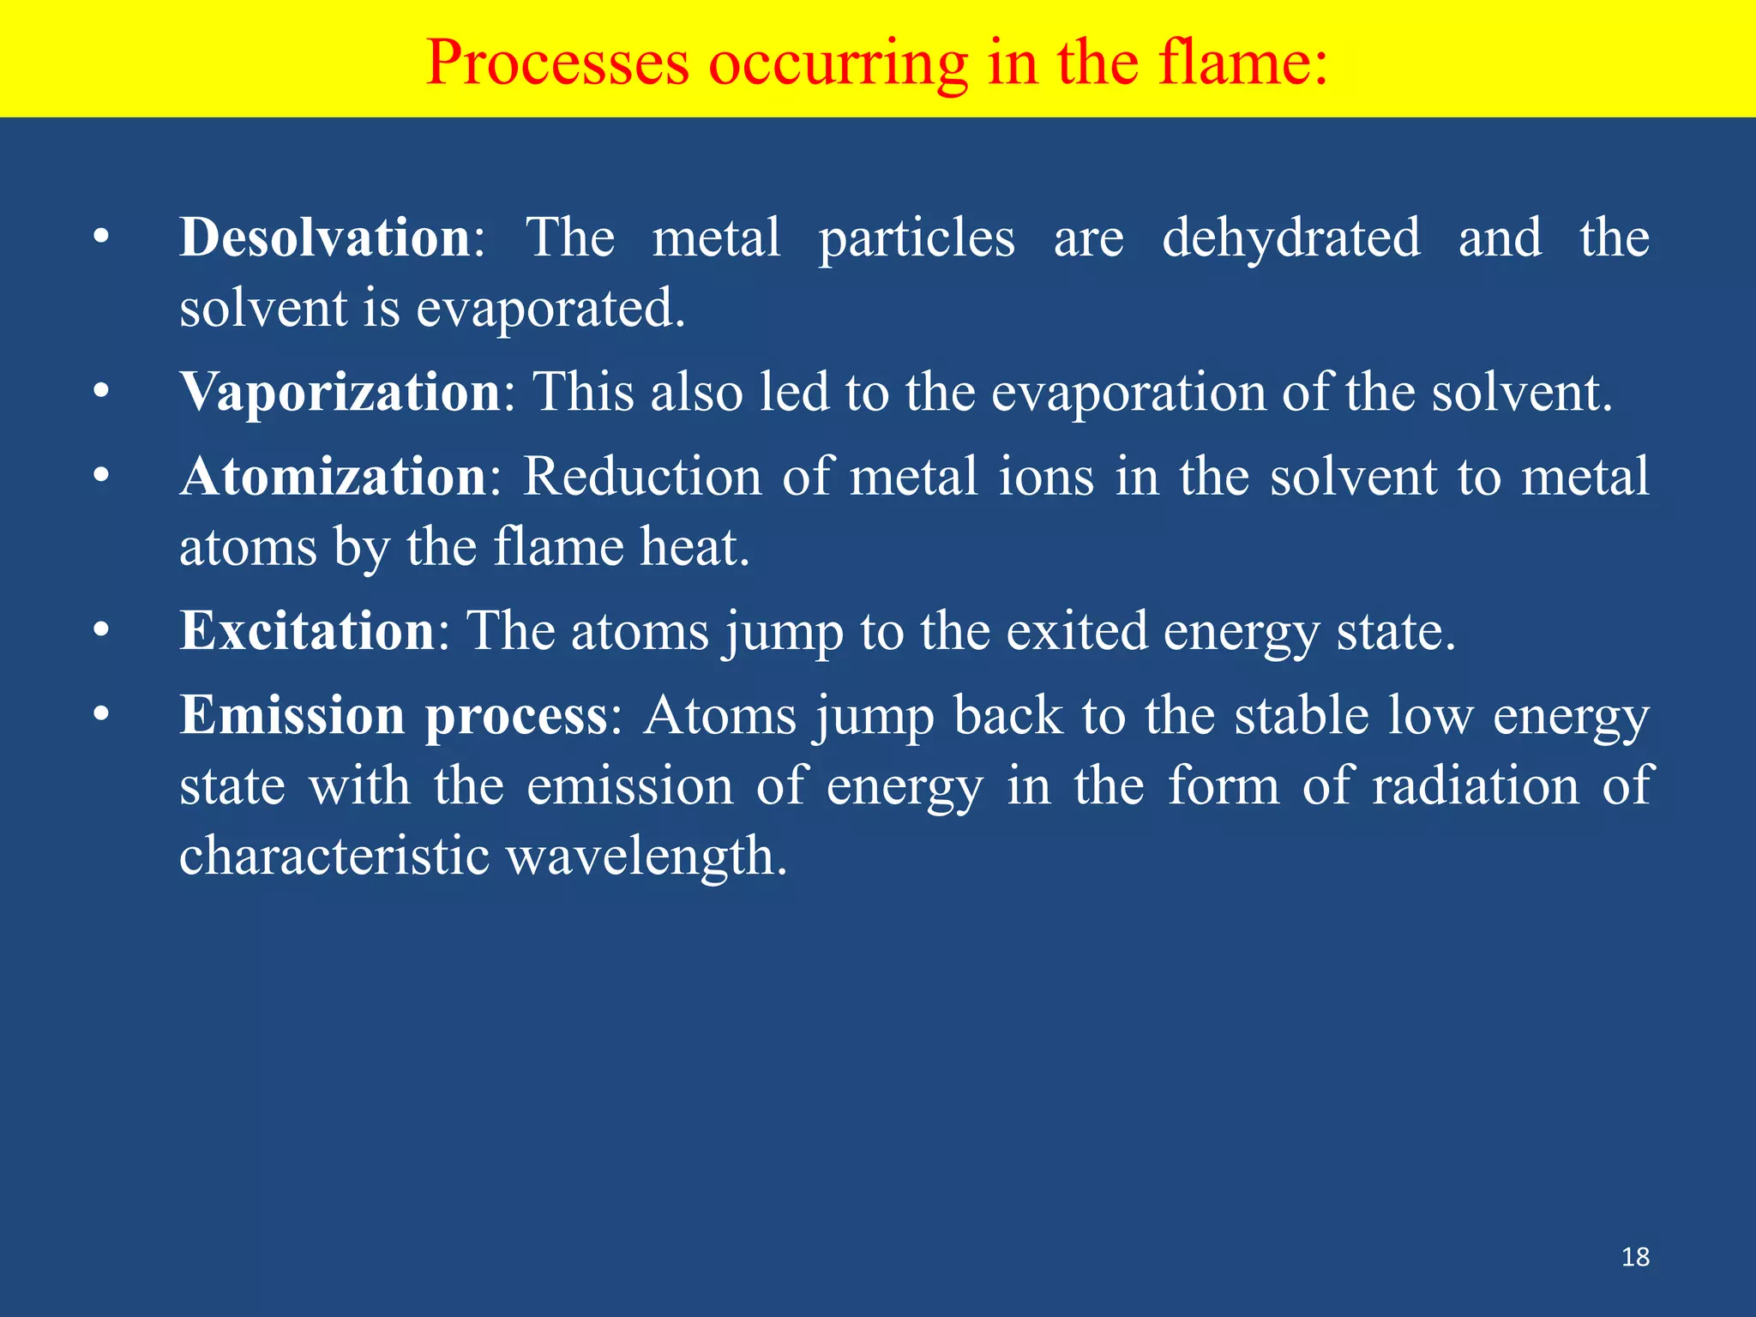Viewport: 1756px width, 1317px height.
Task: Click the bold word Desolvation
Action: [x=324, y=238]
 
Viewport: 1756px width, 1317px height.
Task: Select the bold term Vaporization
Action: [x=340, y=393]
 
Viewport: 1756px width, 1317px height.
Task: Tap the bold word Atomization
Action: [x=333, y=477]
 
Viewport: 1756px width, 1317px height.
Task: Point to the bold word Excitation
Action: [x=307, y=631]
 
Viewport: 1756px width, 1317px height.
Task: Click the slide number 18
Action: [x=1635, y=1257]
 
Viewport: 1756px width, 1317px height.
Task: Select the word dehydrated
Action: [x=1290, y=238]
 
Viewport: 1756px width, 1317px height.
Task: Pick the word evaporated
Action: [x=550, y=309]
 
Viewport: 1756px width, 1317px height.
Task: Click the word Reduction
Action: [x=642, y=477]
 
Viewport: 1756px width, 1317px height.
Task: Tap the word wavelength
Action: [x=646, y=857]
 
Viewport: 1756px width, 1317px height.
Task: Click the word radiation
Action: [x=1476, y=785]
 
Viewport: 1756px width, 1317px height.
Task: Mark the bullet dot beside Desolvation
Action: [x=102, y=238]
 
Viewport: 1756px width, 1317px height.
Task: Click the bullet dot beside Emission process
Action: [x=102, y=715]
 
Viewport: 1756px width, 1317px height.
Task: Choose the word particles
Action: [x=917, y=239]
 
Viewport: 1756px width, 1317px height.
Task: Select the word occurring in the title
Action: [x=838, y=64]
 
